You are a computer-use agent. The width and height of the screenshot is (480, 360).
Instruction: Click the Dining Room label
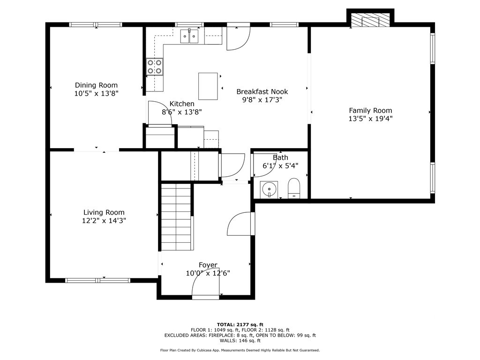pyautogui.click(x=96, y=85)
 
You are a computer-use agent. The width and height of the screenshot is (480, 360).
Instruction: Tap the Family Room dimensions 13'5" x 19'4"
pyautogui.click(x=370, y=119)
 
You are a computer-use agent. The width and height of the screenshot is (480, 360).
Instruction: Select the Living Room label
pyautogui.click(x=104, y=212)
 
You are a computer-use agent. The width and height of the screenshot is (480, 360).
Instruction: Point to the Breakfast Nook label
pyautogui.click(x=262, y=92)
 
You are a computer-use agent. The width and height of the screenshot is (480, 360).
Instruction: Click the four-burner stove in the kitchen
pyautogui.click(x=154, y=66)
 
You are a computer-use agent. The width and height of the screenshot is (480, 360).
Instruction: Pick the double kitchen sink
pyautogui.click(x=190, y=36)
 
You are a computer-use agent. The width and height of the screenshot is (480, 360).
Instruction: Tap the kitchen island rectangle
pyautogui.click(x=208, y=86)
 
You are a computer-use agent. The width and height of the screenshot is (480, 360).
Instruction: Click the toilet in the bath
pyautogui.click(x=294, y=188)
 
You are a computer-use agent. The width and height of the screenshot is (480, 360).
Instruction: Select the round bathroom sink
pyautogui.click(x=269, y=190)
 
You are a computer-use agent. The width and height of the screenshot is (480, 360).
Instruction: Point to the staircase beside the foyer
pyautogui.click(x=176, y=217)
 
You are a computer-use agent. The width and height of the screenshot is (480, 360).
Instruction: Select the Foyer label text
pyautogui.click(x=208, y=265)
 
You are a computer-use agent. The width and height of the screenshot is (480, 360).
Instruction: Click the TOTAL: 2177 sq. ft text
pyautogui.click(x=240, y=324)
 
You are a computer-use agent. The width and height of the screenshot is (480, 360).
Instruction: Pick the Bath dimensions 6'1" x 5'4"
pyautogui.click(x=280, y=166)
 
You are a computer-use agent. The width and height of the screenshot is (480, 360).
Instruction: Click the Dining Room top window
pyautogui.click(x=96, y=24)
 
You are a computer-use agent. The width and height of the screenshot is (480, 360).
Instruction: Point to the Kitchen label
pyautogui.click(x=182, y=104)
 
